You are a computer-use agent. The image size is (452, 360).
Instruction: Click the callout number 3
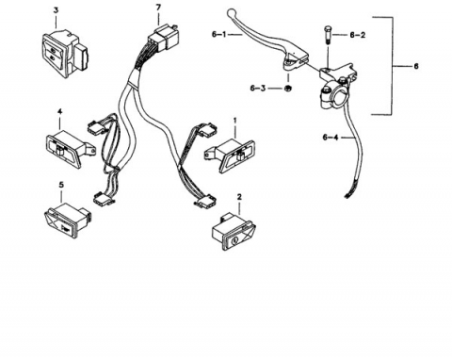[56, 10]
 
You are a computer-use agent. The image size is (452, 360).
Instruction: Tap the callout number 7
[158, 8]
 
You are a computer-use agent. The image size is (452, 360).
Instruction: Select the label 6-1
[218, 34]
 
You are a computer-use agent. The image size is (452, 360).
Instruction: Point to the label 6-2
[358, 35]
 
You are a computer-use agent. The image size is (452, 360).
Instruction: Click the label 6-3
[258, 88]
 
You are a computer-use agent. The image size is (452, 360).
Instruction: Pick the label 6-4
[331, 138]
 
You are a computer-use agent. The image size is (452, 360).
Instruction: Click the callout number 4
[59, 112]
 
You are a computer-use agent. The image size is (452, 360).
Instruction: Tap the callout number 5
[61, 185]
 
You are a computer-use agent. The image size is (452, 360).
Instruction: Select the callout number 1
[234, 121]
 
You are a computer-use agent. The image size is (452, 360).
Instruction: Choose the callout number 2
[239, 197]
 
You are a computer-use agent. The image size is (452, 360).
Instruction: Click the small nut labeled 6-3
[287, 89]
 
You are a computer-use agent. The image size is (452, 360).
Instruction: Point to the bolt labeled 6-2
[328, 36]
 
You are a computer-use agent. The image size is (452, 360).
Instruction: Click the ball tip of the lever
[231, 12]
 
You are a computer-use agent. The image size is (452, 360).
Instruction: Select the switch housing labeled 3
[65, 54]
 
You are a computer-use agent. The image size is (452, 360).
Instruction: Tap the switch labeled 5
[67, 221]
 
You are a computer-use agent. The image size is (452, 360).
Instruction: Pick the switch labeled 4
[71, 149]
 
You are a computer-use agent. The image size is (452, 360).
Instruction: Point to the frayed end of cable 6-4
[348, 194]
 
